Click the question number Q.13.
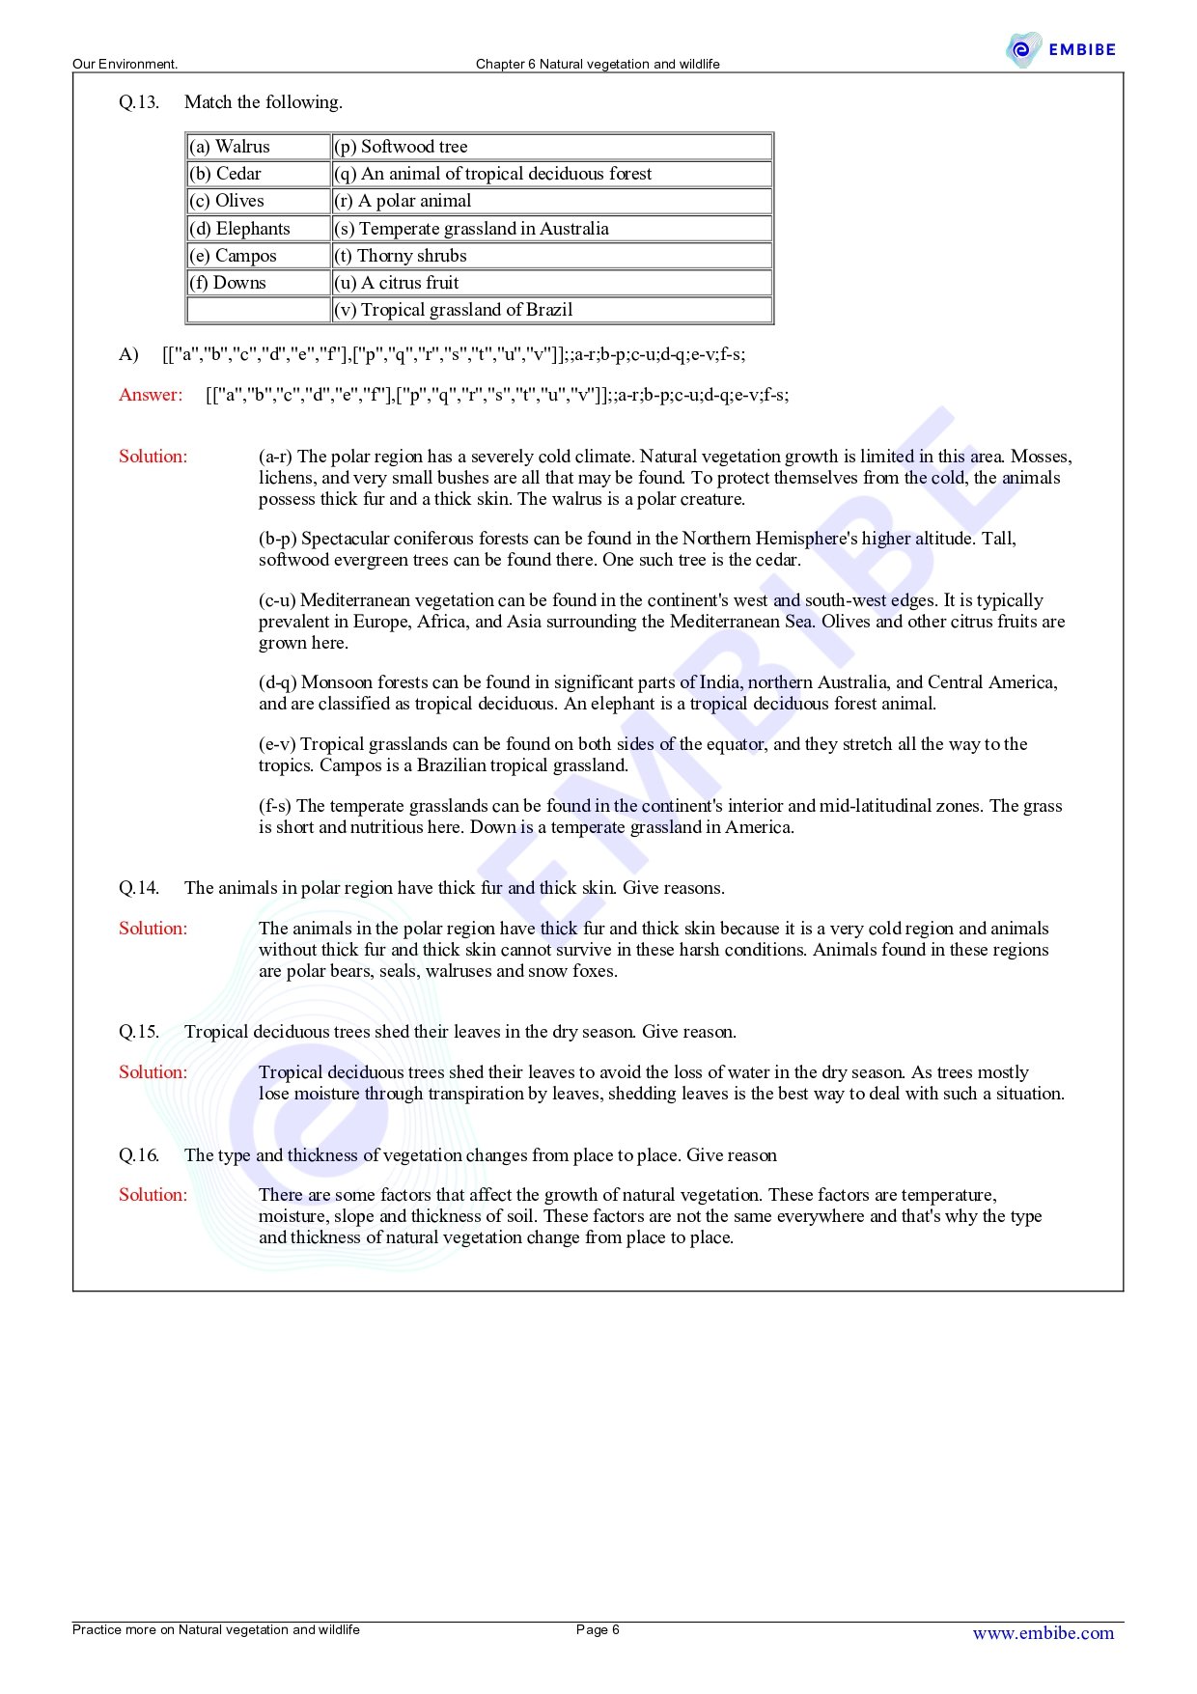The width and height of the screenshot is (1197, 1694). (x=139, y=102)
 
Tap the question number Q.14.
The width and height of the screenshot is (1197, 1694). (x=139, y=888)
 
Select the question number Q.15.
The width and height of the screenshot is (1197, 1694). (x=139, y=1032)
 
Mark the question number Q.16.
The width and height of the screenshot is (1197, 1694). (x=139, y=1155)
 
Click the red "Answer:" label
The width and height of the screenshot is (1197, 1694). (x=151, y=395)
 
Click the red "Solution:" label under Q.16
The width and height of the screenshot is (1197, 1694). (x=153, y=1195)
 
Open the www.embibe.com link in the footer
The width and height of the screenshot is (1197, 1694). (x=1043, y=1633)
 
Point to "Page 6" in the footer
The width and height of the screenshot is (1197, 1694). (x=598, y=1630)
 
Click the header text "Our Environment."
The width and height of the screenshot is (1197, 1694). (x=125, y=65)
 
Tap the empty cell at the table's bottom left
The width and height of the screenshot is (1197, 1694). (x=258, y=310)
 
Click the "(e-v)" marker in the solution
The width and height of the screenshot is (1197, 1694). (x=277, y=744)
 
